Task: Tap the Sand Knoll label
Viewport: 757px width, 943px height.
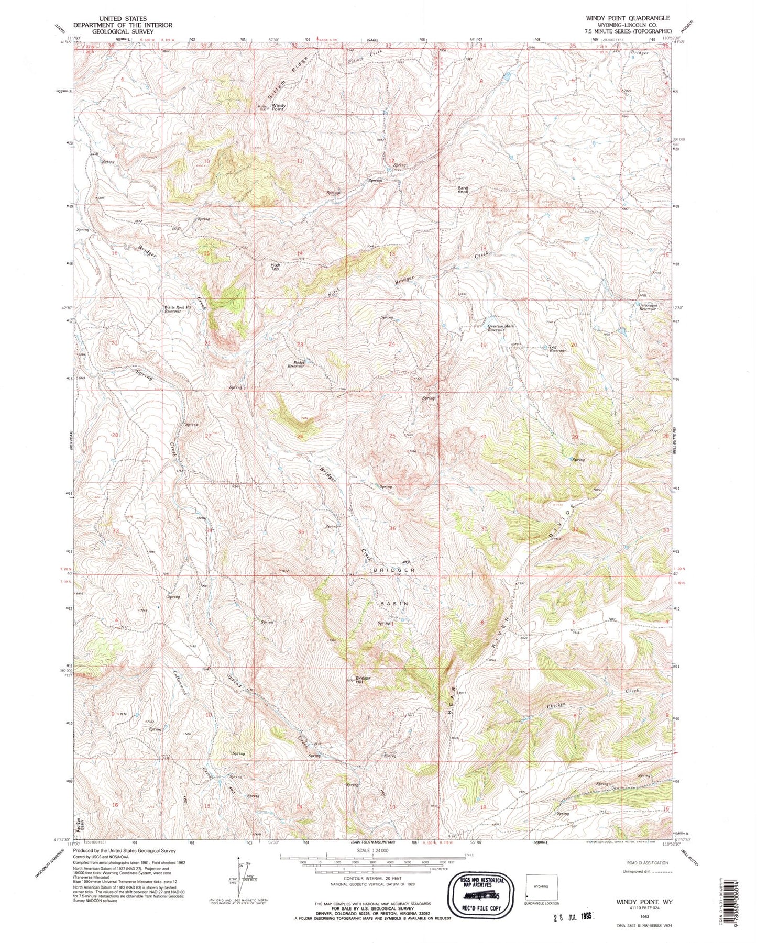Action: click(x=463, y=190)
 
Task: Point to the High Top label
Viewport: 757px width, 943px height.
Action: click(x=275, y=267)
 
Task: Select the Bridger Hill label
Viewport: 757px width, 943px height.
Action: click(x=363, y=680)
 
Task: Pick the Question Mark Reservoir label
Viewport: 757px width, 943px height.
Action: click(x=501, y=328)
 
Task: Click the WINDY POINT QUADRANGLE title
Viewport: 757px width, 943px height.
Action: click(x=627, y=18)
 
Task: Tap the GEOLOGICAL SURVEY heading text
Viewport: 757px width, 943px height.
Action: click(x=109, y=31)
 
